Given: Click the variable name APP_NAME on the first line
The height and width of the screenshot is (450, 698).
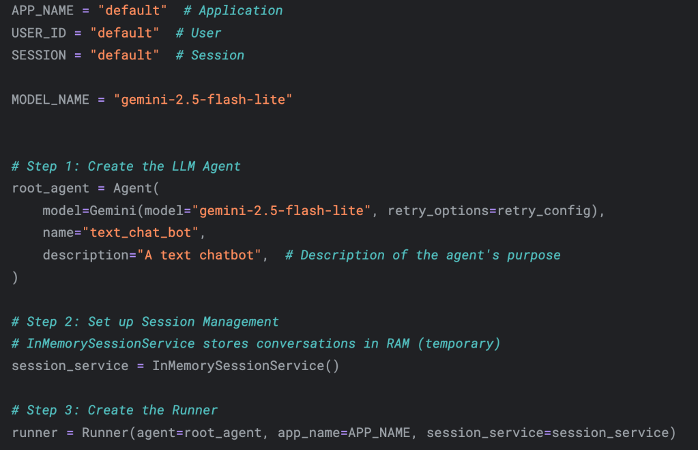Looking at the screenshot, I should (42, 11).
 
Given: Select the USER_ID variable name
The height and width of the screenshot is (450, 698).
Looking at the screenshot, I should (39, 33).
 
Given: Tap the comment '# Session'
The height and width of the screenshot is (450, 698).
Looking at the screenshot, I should (209, 55).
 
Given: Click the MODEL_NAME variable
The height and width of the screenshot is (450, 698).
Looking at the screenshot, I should (50, 100).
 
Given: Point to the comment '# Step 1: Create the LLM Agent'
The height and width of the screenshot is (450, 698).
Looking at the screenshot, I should (126, 166).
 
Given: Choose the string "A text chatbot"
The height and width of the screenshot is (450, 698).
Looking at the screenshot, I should (203, 255).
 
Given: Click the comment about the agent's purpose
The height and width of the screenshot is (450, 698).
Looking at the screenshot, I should (422, 255).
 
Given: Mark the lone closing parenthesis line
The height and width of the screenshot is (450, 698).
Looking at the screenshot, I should (15, 277).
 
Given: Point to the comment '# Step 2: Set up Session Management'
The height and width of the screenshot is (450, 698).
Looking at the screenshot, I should (145, 322).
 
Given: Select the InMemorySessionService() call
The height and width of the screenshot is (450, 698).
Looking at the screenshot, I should (245, 366).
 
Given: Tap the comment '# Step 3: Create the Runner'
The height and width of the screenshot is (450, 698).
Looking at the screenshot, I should (115, 410).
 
